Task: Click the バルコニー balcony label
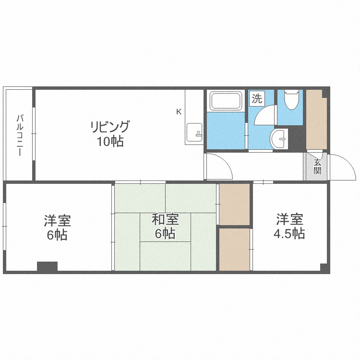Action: tap(20, 135)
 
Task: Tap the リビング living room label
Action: tap(110, 127)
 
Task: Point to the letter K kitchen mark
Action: tap(179, 112)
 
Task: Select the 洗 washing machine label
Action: tap(257, 99)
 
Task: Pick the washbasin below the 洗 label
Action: tap(278, 140)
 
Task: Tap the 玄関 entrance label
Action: tap(317, 166)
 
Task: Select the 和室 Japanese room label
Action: tap(165, 220)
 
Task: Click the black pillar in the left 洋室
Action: tap(47, 266)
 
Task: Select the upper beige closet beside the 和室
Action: tap(234, 204)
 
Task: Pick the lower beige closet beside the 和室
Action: tap(234, 249)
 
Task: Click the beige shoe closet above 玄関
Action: tap(316, 120)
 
